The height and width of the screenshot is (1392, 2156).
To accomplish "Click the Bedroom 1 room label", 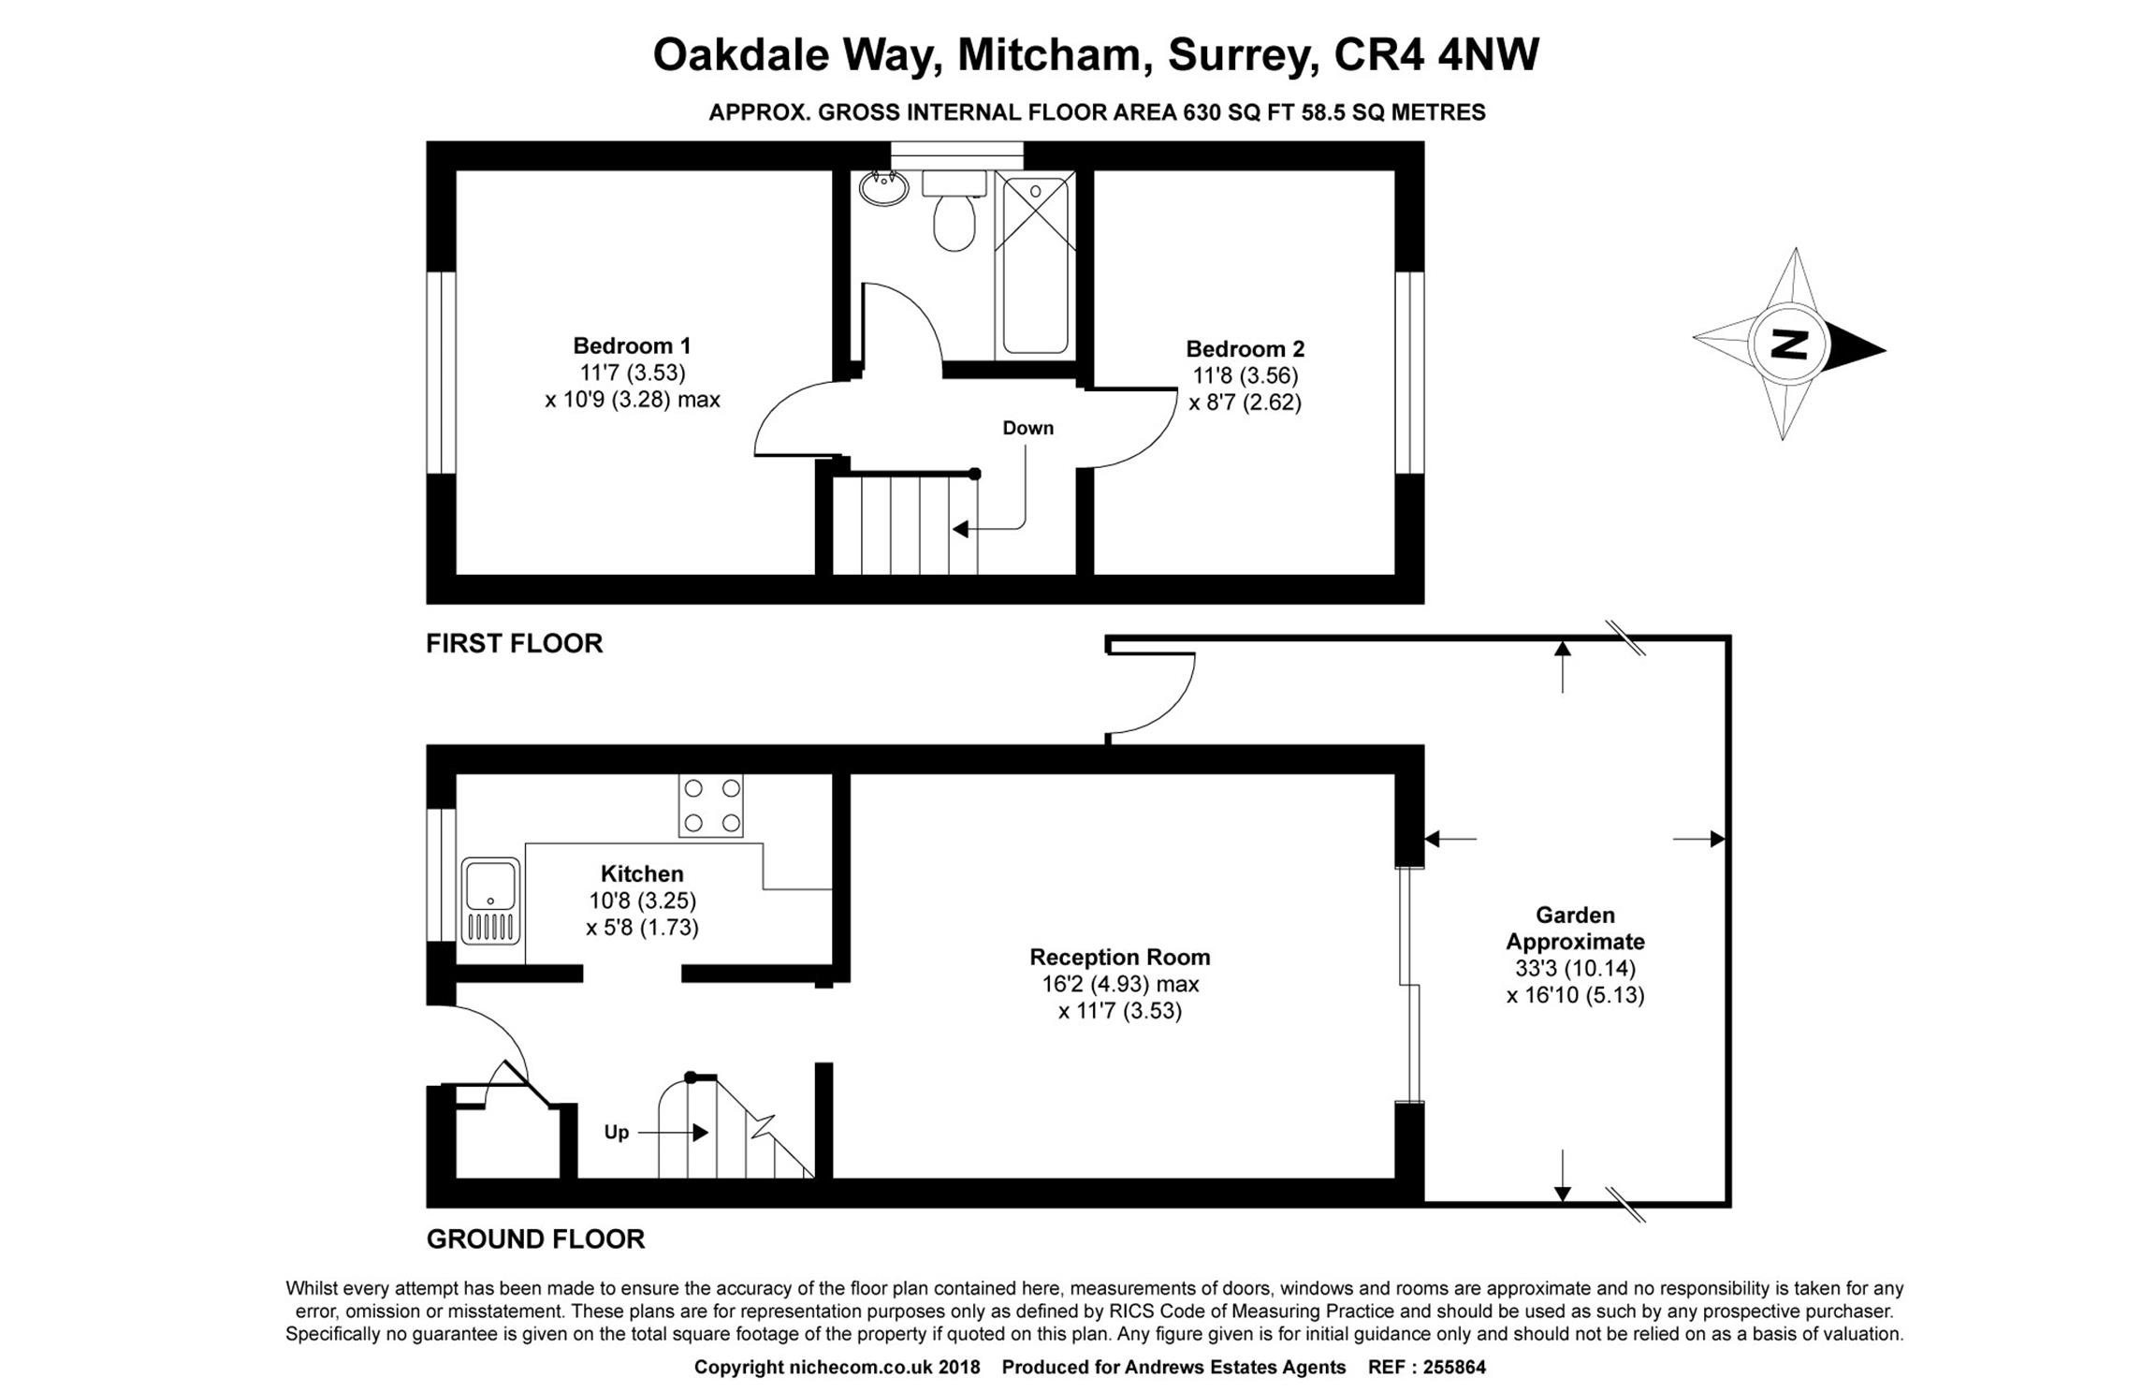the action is tap(632, 345).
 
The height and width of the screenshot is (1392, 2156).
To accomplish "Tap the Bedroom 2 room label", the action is tap(1245, 348).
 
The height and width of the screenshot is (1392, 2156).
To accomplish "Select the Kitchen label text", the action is tap(642, 873).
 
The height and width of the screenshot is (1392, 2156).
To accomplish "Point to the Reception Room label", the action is tap(1120, 957).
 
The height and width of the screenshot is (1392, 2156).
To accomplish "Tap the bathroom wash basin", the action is tap(883, 188).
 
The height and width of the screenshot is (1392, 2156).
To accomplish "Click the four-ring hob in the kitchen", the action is tap(711, 805).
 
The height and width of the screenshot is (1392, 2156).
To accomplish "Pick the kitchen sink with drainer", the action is tap(490, 901).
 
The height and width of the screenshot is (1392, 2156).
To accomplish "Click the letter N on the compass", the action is tap(1789, 344).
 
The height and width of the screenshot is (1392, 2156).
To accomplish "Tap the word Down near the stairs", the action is tap(1027, 428).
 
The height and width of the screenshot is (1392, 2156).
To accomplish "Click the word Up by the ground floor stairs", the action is tap(616, 1133).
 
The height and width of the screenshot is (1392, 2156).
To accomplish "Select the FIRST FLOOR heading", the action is tap(515, 643).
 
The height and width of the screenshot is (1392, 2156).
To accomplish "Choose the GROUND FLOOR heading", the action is tap(535, 1239).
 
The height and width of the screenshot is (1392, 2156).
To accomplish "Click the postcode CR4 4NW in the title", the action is tap(1435, 54).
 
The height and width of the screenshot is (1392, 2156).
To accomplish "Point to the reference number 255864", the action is tap(1454, 1367).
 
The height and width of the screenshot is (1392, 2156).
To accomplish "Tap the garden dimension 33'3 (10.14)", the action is tap(1576, 968).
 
